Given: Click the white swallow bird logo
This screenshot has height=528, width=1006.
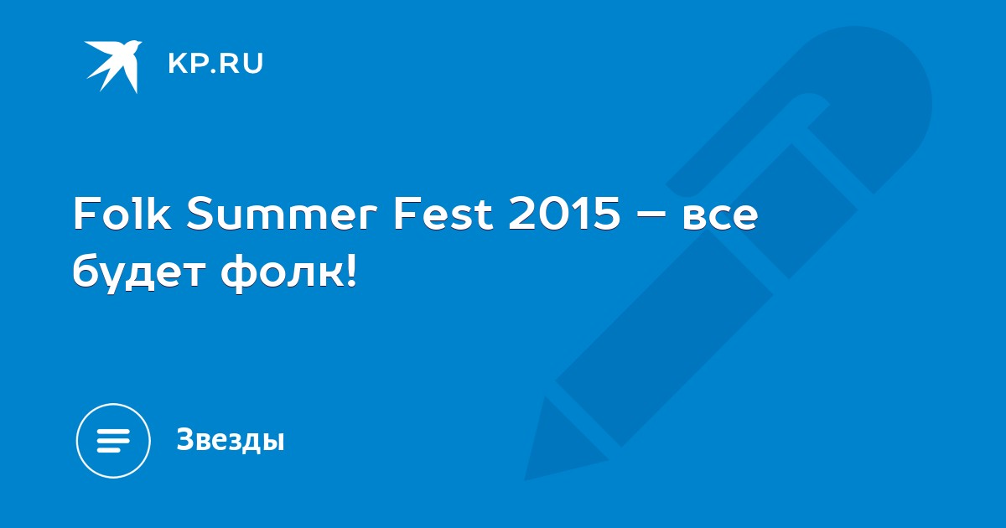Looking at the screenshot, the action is click(x=113, y=65).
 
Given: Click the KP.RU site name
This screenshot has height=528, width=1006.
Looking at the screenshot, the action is click(x=215, y=64).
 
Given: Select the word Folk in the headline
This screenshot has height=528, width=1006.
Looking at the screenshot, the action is click(x=122, y=214).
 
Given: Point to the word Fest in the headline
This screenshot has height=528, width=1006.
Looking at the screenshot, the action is click(x=443, y=215).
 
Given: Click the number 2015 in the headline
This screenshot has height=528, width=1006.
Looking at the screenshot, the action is click(x=564, y=215).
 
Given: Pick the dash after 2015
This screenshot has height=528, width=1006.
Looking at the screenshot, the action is click(x=651, y=216).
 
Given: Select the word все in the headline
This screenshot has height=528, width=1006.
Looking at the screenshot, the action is click(x=720, y=219).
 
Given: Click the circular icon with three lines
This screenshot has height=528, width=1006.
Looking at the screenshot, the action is click(x=113, y=441).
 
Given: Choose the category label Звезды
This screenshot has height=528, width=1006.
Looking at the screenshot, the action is click(x=231, y=439).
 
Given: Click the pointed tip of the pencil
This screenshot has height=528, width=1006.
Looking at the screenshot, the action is click(x=526, y=479).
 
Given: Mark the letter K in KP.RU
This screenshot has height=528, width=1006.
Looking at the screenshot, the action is click(x=178, y=64).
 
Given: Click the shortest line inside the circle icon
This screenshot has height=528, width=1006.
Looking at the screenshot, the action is click(x=108, y=449).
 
